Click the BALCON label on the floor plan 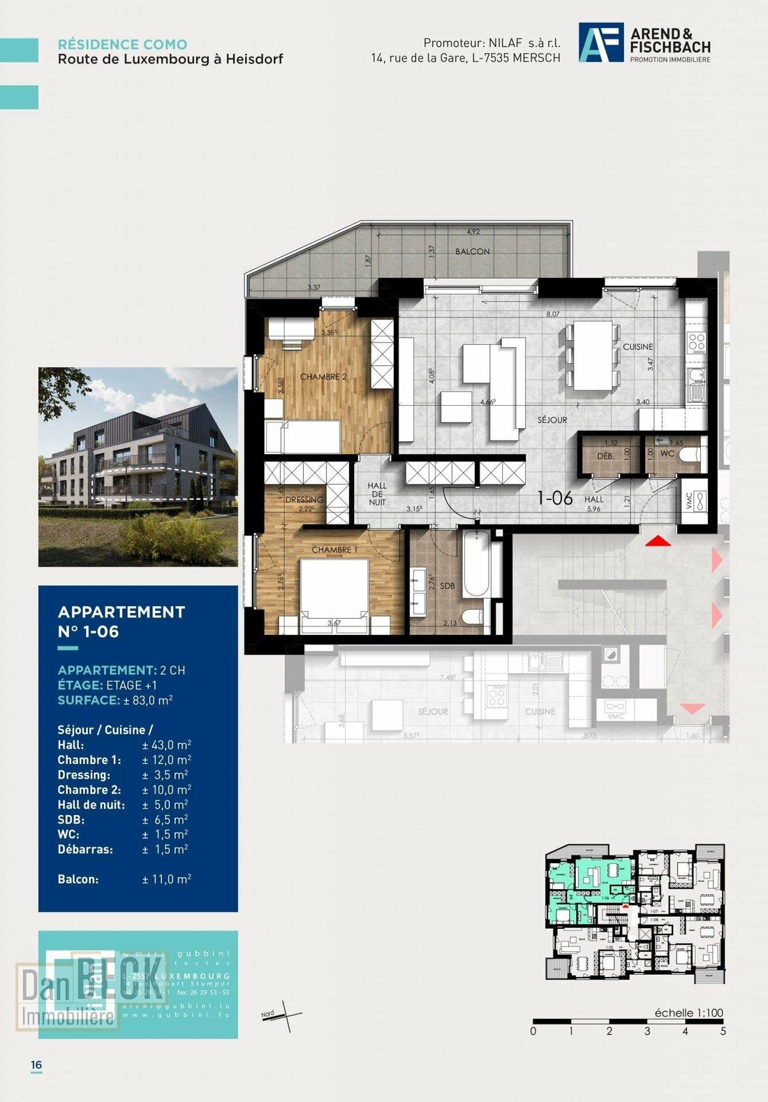473,251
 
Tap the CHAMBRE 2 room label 323,377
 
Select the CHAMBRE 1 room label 334,550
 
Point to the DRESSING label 304,500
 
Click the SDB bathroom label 448,586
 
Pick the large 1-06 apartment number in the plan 555,498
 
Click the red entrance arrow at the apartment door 656,541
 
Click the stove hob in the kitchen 697,341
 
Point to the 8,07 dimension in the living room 553,315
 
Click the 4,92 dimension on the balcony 473,233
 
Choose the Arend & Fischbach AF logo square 600,43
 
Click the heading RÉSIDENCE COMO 122,44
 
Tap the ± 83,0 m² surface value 148,700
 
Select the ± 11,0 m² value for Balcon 166,879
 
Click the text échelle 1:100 688,1013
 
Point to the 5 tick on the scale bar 723,1031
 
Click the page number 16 36,1065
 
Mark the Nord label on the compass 268,1014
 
